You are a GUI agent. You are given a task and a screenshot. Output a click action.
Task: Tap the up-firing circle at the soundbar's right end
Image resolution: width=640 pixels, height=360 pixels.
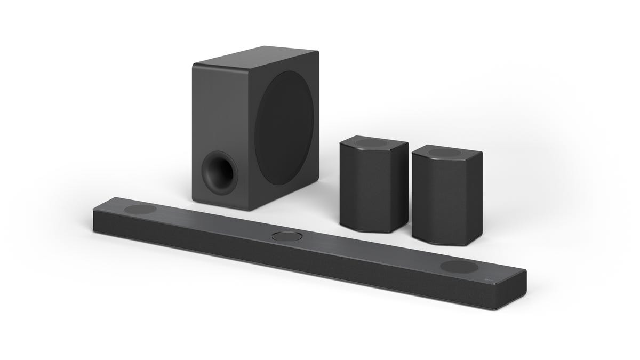458,267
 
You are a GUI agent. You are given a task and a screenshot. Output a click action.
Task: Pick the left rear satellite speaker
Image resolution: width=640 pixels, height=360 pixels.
373,184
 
